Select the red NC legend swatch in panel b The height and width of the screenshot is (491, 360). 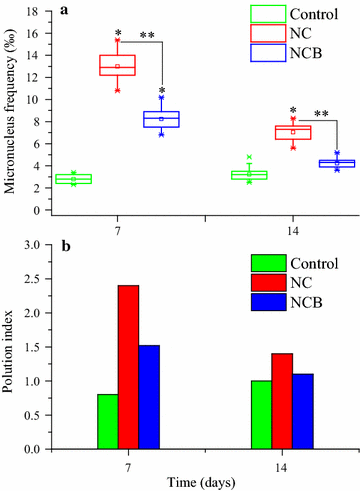pyautogui.click(x=266, y=281)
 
